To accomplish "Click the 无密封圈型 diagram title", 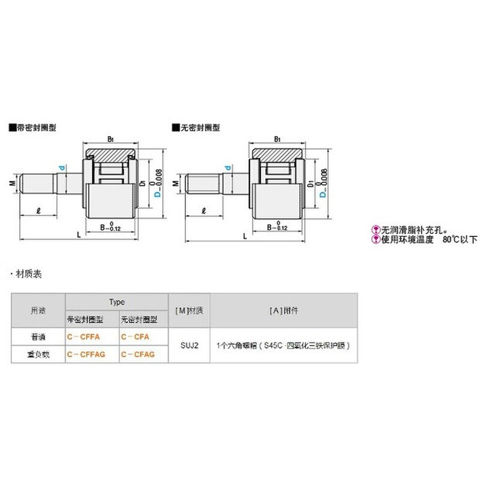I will (x=197, y=128).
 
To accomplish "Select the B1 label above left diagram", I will (x=110, y=139).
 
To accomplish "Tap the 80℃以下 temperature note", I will (x=459, y=239).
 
